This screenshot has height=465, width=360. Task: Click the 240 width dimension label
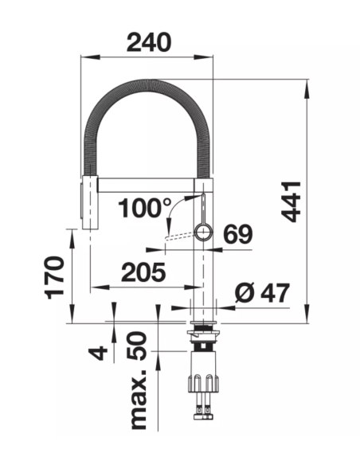click(x=149, y=42)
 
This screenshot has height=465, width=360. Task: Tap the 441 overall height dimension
click(x=292, y=201)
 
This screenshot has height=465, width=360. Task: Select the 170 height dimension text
click(x=54, y=277)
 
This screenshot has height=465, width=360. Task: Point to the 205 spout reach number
click(x=143, y=272)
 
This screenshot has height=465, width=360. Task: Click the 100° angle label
click(x=145, y=208)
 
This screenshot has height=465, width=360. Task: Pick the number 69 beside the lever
click(x=238, y=233)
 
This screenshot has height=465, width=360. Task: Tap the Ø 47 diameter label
click(x=261, y=293)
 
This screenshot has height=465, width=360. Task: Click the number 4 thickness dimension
click(x=98, y=353)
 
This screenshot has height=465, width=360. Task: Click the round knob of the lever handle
click(x=203, y=232)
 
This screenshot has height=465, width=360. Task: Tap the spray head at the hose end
click(x=88, y=202)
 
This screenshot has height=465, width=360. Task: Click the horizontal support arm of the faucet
click(x=147, y=185)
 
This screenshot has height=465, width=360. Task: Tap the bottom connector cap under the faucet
click(x=203, y=417)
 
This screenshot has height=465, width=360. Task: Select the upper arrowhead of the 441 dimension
click(x=307, y=89)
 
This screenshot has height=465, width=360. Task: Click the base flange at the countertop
click(x=203, y=322)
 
